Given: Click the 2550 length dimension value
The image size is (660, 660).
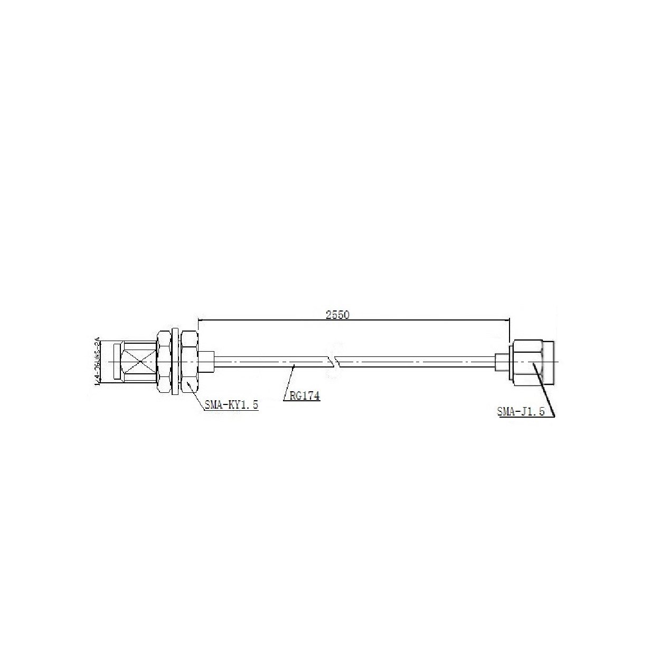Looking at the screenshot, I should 338,315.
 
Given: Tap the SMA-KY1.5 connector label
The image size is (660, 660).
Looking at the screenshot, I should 231,405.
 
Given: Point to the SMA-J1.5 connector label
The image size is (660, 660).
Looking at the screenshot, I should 521,411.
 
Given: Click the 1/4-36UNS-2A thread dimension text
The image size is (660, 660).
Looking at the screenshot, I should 97,362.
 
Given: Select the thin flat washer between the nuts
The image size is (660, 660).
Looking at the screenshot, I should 174,362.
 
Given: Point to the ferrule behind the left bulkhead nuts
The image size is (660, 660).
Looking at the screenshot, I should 208,362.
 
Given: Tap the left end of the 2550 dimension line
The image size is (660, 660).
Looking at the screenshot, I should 198,319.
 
